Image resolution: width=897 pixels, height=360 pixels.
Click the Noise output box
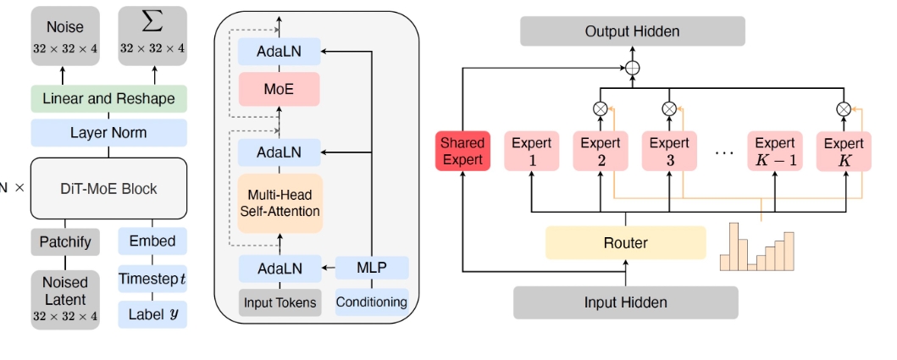[65, 36]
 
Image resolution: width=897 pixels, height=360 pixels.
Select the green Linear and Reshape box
[108, 99]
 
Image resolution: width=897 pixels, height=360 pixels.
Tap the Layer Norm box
[108, 132]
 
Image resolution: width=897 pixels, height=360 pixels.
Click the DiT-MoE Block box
[108, 188]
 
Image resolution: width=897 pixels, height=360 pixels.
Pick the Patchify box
[65, 241]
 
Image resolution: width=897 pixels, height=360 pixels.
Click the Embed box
[152, 241]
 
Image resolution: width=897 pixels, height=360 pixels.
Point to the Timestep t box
[152, 278]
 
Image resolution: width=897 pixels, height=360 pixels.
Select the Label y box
[152, 314]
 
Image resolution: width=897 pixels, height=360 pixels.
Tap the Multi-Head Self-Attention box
[280, 202]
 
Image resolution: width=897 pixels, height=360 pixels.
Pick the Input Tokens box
[280, 302]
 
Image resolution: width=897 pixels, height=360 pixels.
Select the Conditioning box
[372, 302]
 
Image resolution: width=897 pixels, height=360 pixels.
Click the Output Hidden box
[632, 32]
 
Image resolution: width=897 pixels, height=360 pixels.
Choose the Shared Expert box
[462, 152]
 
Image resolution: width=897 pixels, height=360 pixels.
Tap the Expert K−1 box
[775, 152]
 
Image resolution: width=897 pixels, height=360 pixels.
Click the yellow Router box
[625, 243]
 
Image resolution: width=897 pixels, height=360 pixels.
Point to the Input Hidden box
[625, 302]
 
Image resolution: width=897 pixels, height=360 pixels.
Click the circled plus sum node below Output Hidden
[632, 68]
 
